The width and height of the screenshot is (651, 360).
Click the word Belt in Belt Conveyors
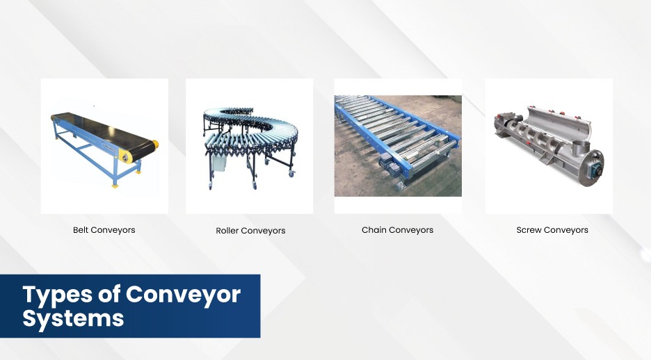click(x=81, y=230)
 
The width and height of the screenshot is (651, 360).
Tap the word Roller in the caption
click(x=227, y=231)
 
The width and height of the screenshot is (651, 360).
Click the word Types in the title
click(x=58, y=295)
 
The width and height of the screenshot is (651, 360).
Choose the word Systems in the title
click(x=73, y=318)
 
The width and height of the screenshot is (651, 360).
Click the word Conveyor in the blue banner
click(x=183, y=294)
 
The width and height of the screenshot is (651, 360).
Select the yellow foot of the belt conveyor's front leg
click(x=115, y=186)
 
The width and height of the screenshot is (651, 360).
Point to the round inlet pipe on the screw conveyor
click(x=581, y=147)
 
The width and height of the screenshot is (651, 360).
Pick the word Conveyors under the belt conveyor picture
click(x=113, y=230)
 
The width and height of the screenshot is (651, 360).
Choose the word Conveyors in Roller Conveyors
click(x=263, y=231)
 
